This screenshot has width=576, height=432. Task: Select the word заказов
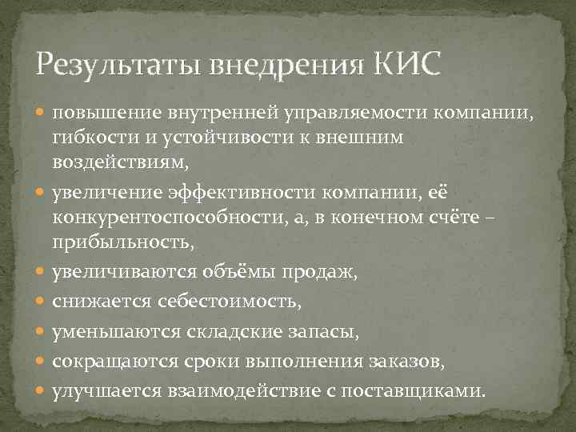pyautogui.click(x=406, y=362)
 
